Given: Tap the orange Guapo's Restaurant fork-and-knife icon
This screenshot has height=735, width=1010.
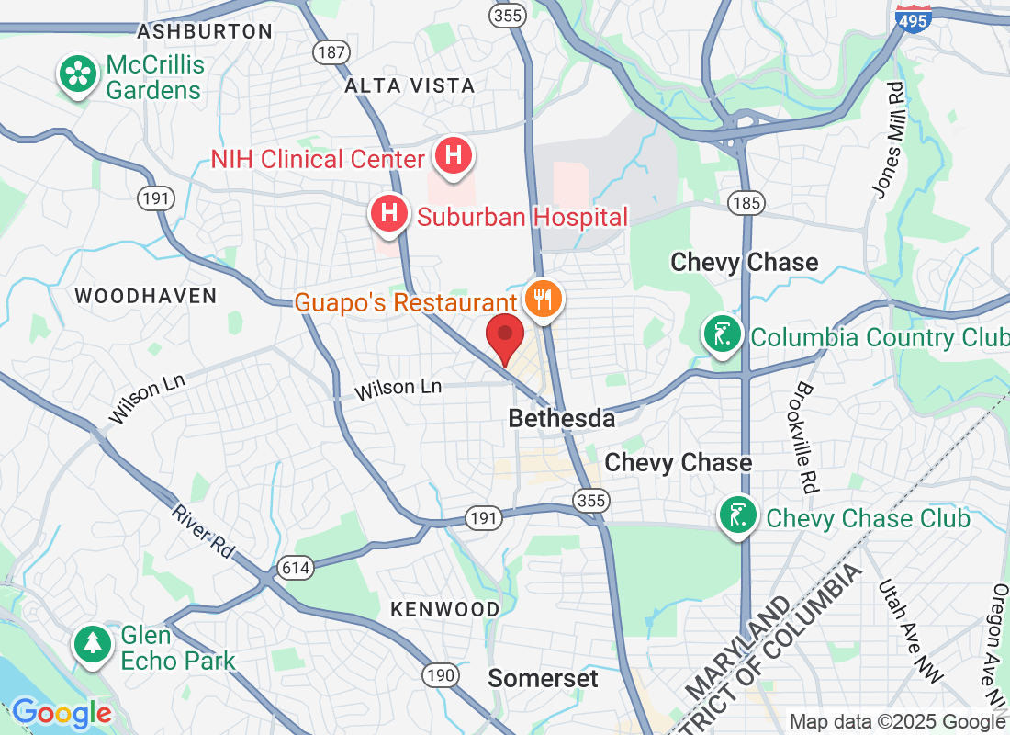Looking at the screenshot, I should pos(543,300).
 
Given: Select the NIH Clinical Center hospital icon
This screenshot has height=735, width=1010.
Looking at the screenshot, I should pos(453,156).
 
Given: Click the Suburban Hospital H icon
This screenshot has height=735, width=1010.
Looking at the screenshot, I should pos(388,214).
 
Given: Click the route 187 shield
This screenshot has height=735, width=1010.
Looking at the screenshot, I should pos(331,51).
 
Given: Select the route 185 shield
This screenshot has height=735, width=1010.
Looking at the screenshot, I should pos(744,202).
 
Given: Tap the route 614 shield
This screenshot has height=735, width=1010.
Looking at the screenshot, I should pos(296,569).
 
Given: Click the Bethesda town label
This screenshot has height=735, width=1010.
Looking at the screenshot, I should pos(562,419).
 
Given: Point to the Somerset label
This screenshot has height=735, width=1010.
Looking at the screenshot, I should pos(543,679).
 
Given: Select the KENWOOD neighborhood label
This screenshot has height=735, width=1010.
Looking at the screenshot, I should pos(445,609).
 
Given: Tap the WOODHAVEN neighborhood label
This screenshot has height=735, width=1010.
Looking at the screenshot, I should pos(145,296).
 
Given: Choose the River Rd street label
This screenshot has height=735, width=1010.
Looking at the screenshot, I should pos(203,529).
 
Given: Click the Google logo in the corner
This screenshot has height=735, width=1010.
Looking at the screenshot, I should pos(61,712).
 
